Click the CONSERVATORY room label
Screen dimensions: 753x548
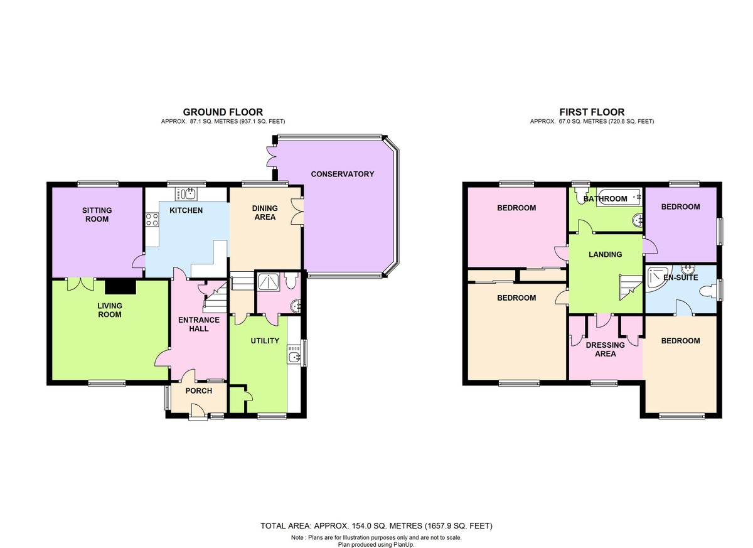[342, 174]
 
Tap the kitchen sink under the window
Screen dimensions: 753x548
[186, 194]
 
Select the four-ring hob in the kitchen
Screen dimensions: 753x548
[152, 220]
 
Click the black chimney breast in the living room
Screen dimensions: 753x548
[120, 287]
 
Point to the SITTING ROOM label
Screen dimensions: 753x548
[97, 215]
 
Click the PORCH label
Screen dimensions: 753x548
[199, 391]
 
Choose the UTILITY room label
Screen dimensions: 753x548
[265, 341]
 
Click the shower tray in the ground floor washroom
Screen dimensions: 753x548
[269, 284]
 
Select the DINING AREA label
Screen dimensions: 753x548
[265, 213]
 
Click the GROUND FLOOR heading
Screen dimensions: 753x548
[223, 112]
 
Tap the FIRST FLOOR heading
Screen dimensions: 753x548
[592, 112]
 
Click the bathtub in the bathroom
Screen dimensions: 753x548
[619, 196]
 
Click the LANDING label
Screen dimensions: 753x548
[605, 254]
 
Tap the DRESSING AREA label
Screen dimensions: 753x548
[605, 349]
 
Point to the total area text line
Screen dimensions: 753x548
[376, 526]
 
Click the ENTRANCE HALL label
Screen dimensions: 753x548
[199, 325]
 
